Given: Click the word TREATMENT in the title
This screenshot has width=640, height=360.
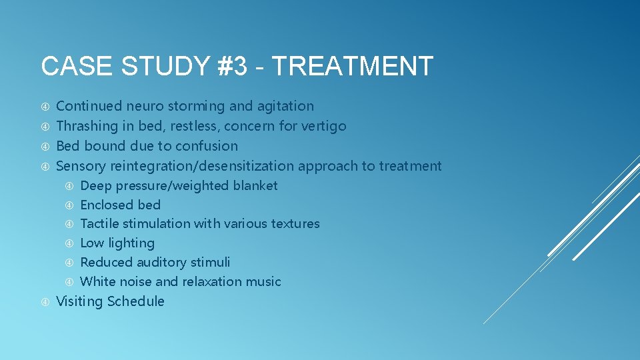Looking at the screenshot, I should click(353, 67).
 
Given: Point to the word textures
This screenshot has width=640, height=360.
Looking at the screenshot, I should click(295, 224).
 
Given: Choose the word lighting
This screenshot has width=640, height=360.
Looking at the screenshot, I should click(130, 243).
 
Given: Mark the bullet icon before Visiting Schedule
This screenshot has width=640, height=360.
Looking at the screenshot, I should click(45, 302).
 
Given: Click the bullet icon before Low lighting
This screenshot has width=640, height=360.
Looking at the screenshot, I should click(69, 243).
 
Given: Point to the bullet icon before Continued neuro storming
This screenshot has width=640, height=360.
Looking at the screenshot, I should click(45, 107).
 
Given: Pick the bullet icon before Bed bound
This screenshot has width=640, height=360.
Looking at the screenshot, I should click(45, 146).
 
